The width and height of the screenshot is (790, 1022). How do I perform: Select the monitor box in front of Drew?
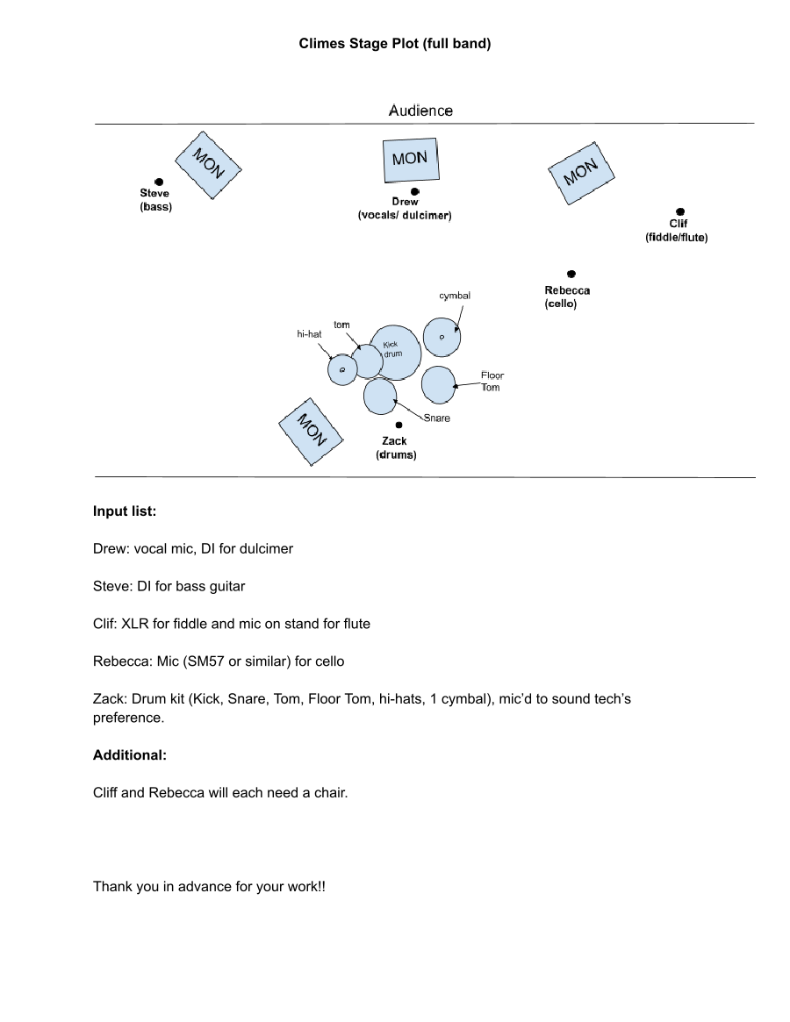click(x=410, y=160)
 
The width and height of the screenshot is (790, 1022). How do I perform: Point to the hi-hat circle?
click(x=341, y=371)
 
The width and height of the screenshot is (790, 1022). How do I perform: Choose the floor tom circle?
click(x=438, y=384)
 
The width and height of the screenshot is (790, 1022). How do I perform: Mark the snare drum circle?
click(x=380, y=395)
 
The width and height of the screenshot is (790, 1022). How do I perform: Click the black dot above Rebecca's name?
click(x=571, y=275)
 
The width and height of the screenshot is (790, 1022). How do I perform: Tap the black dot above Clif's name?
click(x=680, y=211)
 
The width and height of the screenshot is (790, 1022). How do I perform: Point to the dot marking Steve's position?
click(x=158, y=182)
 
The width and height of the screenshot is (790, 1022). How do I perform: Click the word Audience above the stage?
click(x=420, y=111)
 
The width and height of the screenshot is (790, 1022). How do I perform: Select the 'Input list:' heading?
click(x=125, y=511)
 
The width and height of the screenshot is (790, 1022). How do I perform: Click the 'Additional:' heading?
click(x=130, y=754)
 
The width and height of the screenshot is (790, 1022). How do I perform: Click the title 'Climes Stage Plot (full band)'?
click(x=395, y=43)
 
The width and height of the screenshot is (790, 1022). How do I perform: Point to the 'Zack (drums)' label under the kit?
click(x=395, y=447)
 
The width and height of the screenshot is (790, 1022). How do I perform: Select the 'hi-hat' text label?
click(x=310, y=334)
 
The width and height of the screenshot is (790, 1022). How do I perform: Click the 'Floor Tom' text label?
click(x=492, y=382)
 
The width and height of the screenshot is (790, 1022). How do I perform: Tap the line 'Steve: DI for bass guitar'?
click(x=169, y=586)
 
